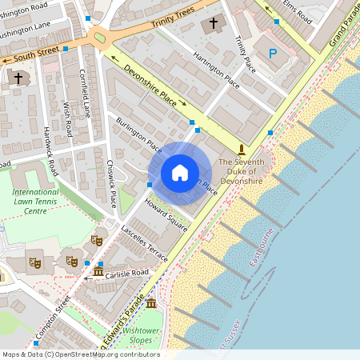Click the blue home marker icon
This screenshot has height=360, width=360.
click(180, 173)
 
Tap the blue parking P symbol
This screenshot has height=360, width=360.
click(273, 54)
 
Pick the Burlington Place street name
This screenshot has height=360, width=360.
click(138, 134)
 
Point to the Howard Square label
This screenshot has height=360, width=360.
click(165, 215)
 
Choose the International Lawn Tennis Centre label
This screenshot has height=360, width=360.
click(35, 202)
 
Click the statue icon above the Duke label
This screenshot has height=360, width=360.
click(242, 150)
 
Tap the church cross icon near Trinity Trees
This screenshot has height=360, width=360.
click(213, 24)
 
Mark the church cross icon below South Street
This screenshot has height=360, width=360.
click(18, 78)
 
